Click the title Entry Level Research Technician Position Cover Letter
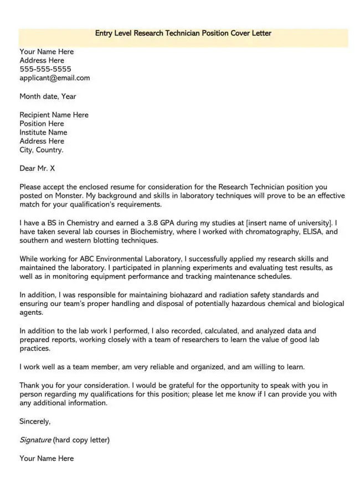point(183,33)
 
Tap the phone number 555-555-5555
point(45,69)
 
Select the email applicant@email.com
point(54,78)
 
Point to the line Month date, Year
point(48,96)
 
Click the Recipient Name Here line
point(54,115)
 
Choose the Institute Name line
point(43,133)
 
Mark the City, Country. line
point(42,150)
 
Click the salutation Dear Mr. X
point(37,168)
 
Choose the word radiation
point(238,295)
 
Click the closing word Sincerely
point(35,421)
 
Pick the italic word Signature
point(35,440)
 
